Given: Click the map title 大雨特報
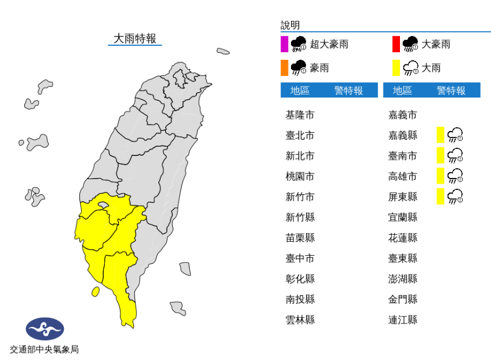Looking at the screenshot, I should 134,39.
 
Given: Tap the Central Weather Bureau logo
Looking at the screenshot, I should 45,330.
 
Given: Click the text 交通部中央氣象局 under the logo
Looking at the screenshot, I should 45,349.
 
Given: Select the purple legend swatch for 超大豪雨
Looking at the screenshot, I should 284,44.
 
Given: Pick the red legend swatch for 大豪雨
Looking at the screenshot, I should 396,44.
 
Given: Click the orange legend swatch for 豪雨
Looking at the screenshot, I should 284,68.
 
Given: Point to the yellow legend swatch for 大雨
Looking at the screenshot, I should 396,68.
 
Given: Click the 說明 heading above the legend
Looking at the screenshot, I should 290,25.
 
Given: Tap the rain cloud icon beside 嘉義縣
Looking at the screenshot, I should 456,135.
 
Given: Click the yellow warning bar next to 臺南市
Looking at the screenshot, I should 440,155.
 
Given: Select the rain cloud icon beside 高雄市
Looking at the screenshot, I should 456,176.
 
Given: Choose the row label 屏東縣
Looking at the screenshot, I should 403,197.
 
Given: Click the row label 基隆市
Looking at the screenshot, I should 300,115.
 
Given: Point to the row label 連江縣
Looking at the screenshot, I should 403,319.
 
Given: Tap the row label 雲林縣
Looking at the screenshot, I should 300,319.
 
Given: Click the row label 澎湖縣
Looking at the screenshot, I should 403,278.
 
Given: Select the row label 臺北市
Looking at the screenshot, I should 300,135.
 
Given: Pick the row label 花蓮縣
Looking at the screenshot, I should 403,238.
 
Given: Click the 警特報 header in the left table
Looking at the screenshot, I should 348,90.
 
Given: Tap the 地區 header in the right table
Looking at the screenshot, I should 402,90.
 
